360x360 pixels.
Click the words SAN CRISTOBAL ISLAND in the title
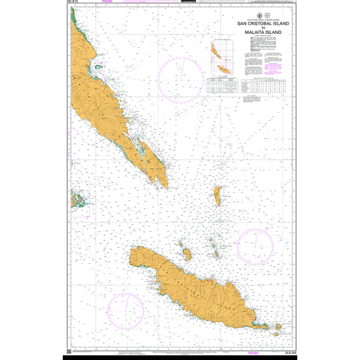(262, 23)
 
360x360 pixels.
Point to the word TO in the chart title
(262, 28)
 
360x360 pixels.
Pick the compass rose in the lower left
(125, 311)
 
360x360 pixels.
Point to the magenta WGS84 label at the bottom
(253, 353)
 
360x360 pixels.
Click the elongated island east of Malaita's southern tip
(217, 194)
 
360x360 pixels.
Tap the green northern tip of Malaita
(75, 18)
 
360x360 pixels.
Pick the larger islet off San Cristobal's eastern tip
(278, 326)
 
